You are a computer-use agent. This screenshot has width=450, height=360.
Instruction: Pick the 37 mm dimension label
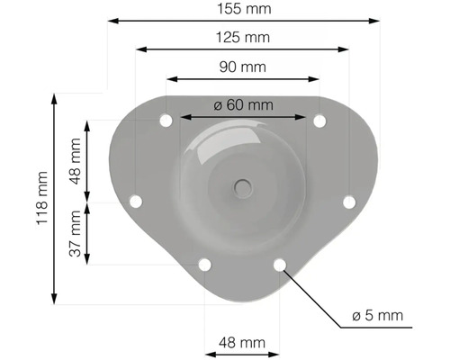coord(75,234)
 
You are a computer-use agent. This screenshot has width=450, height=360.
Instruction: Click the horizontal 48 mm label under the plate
coord(242,342)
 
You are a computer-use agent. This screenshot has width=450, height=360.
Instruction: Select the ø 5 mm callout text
coord(377,316)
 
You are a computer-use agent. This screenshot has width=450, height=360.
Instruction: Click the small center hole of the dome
coord(241,187)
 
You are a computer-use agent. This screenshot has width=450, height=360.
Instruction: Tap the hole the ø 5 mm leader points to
coord(280,265)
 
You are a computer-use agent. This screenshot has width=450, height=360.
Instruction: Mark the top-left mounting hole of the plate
coord(166,120)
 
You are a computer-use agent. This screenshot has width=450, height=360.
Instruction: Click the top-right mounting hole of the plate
coord(319,120)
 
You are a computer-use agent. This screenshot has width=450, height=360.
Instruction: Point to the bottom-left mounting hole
coord(204,265)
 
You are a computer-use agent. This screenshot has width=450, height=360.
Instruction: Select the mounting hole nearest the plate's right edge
coord(349,202)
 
